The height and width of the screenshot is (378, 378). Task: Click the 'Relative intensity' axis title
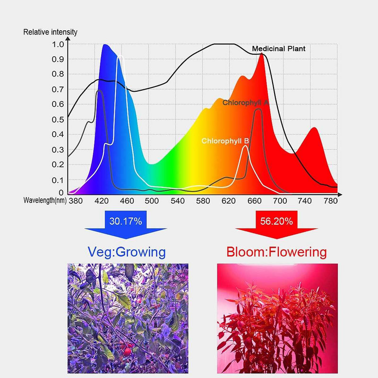click(50, 33)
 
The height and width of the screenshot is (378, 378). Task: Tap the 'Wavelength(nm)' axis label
click(45, 200)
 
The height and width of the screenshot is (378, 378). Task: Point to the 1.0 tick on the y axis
click(57, 45)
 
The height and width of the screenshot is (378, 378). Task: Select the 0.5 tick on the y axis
click(57, 119)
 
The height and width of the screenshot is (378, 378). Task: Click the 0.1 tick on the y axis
click(57, 179)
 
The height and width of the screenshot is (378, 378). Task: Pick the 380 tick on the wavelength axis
click(75, 200)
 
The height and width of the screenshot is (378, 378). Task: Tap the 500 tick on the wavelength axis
click(152, 200)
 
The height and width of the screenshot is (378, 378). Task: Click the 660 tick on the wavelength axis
click(254, 200)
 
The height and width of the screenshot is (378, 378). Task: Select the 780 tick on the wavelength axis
click(330, 200)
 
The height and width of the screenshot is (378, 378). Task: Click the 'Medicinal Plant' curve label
click(278, 49)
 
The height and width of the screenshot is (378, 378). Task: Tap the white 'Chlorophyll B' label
click(225, 141)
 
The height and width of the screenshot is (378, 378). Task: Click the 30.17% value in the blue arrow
click(125, 221)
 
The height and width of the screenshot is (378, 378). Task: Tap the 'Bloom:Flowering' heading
click(276, 252)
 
